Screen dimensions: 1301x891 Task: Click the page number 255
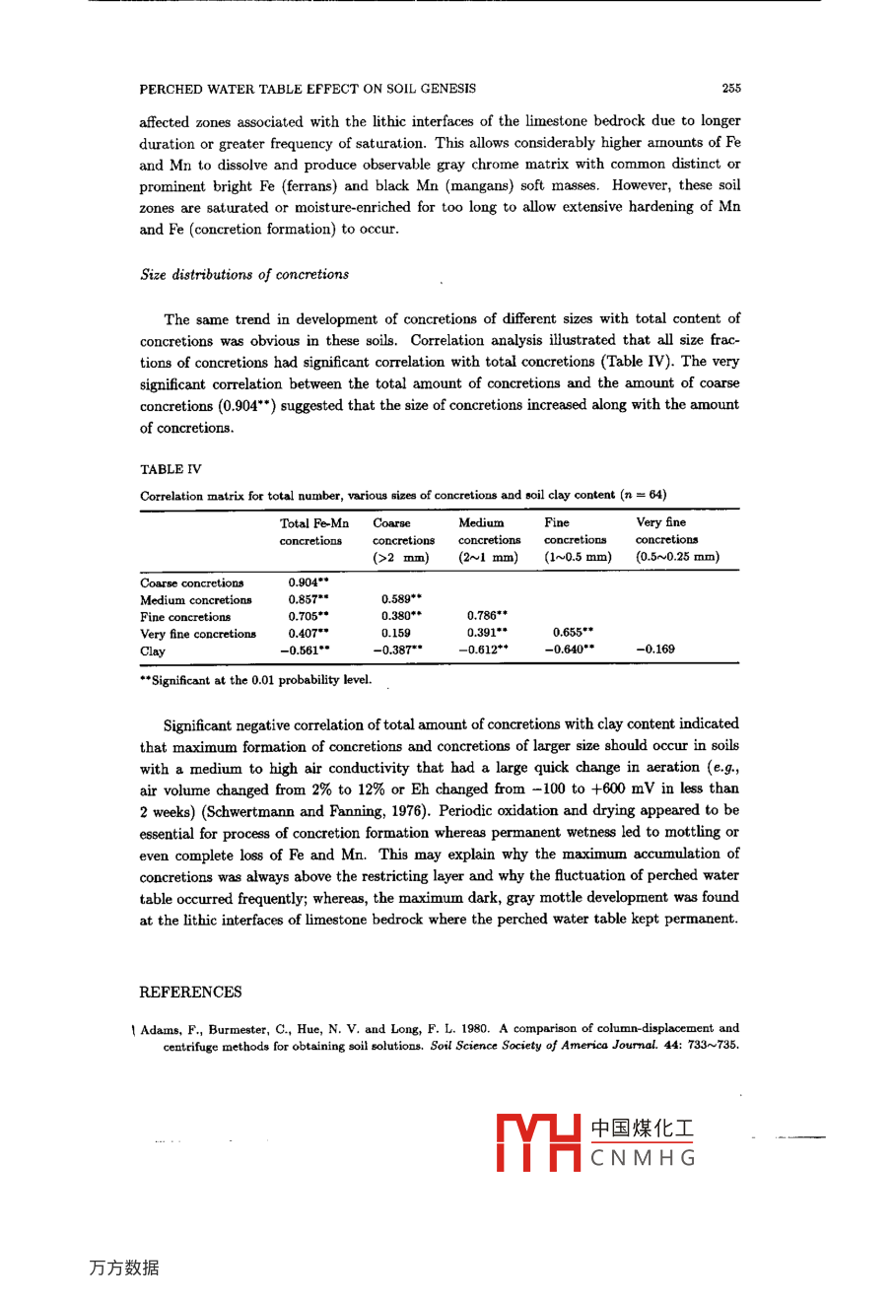coord(730,89)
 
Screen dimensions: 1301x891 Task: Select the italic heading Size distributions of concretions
coord(244,275)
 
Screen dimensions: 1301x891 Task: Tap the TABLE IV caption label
coord(171,469)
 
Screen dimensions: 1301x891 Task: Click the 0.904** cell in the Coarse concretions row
coord(308,582)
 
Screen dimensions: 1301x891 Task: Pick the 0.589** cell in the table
coord(401,599)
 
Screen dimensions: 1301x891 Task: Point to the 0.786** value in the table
coord(487,616)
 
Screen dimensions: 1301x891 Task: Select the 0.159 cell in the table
coord(396,633)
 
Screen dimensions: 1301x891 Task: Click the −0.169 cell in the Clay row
coord(655,650)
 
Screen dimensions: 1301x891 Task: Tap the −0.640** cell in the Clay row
coord(570,650)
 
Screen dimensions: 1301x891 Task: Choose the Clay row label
coord(153,650)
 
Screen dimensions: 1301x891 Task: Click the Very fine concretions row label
coord(198,634)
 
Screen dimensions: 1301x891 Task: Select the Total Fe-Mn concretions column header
coord(313,532)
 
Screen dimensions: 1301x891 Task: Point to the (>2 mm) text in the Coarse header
coord(400,558)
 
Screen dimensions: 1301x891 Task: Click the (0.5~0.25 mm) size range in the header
coord(677,557)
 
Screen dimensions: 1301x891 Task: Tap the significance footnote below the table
coord(256,680)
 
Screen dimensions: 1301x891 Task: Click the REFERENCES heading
coord(190,992)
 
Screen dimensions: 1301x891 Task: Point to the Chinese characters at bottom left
coord(124,1267)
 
